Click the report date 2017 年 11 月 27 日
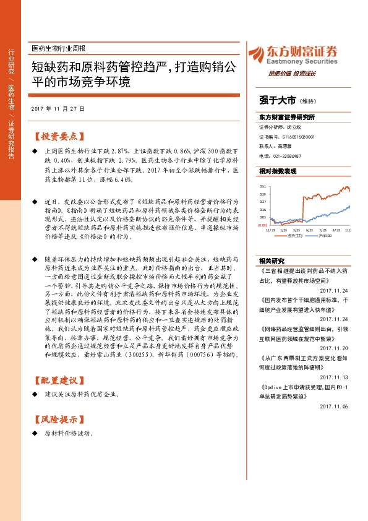[58, 109]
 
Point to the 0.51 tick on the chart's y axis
[263, 186]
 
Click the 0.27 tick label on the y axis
[263, 202]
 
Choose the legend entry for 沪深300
[326, 235]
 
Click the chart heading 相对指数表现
[278, 170]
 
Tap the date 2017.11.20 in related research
[335, 348]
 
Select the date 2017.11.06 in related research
[335, 406]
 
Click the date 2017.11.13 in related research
[335, 377]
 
